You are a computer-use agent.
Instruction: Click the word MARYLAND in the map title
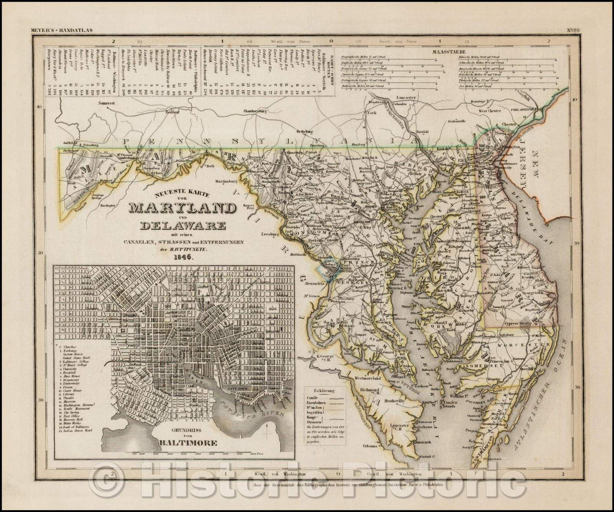click(x=177, y=207)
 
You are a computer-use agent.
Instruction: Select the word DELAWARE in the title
click(x=177, y=225)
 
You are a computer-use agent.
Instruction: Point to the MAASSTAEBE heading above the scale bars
click(x=449, y=51)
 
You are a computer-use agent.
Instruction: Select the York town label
click(x=372, y=112)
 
